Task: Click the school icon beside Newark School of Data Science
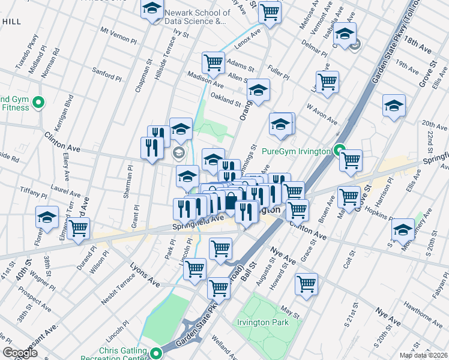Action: click(152, 9)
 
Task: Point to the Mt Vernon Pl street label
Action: click(119, 34)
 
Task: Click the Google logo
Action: click(20, 352)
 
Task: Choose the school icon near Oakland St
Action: click(258, 90)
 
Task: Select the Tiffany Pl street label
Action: click(33, 194)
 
